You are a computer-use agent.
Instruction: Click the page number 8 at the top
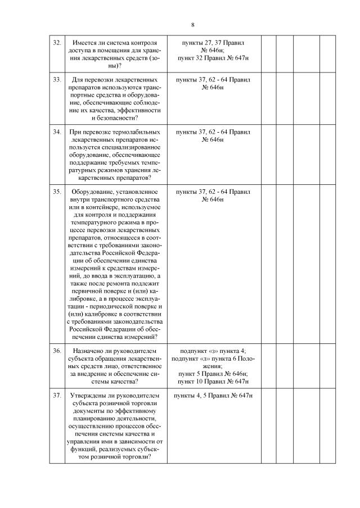(x=192, y=25)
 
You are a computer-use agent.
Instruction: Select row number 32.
(x=57, y=43)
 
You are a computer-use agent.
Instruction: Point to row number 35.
(x=57, y=192)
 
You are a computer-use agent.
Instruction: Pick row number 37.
(x=57, y=396)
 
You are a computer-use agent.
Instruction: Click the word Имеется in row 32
(x=86, y=43)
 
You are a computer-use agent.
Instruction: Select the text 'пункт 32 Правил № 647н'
(x=213, y=58)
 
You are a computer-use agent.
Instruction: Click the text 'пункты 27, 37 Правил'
(x=213, y=43)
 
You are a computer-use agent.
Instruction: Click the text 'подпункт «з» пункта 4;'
(x=213, y=351)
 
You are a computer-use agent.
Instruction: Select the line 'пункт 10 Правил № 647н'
(x=213, y=381)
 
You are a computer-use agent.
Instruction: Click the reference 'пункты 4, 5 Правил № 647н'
(x=213, y=396)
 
